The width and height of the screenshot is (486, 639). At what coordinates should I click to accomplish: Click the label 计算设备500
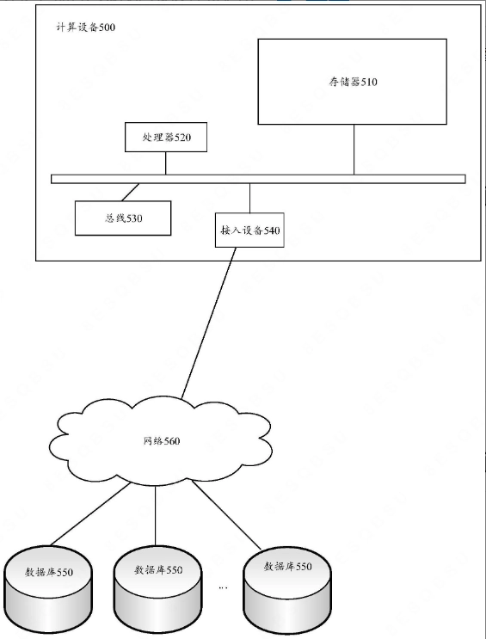[x=86, y=28]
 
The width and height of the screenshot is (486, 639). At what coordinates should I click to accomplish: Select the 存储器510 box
[x=353, y=82]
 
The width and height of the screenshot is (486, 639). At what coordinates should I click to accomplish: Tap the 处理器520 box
[x=166, y=137]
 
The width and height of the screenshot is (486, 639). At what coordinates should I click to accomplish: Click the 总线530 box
[x=123, y=218]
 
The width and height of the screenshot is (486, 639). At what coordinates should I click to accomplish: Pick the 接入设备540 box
[x=249, y=230]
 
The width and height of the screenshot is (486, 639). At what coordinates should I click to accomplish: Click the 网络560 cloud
[x=161, y=440]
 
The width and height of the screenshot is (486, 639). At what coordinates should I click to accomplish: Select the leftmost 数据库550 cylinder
[x=48, y=589]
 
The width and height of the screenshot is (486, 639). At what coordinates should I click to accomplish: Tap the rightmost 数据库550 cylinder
[x=287, y=589]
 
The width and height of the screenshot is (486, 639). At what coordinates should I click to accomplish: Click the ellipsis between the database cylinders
[x=223, y=587]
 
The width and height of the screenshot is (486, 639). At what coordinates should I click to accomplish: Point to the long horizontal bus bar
[x=258, y=179]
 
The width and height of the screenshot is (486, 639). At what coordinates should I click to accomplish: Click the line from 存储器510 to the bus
[x=354, y=150]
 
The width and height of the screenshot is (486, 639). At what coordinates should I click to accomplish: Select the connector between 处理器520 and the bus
[x=165, y=163]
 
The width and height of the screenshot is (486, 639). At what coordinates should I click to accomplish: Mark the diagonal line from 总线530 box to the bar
[x=131, y=192]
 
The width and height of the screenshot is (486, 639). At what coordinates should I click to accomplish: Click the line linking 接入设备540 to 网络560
[x=209, y=323]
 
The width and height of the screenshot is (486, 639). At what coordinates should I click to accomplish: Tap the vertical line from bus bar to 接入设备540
[x=250, y=198]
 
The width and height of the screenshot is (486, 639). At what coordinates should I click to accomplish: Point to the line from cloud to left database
[x=90, y=514]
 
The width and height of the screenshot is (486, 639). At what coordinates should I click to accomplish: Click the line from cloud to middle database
[x=156, y=516]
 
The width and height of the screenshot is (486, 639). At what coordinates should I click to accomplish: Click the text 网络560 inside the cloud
[x=162, y=440]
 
